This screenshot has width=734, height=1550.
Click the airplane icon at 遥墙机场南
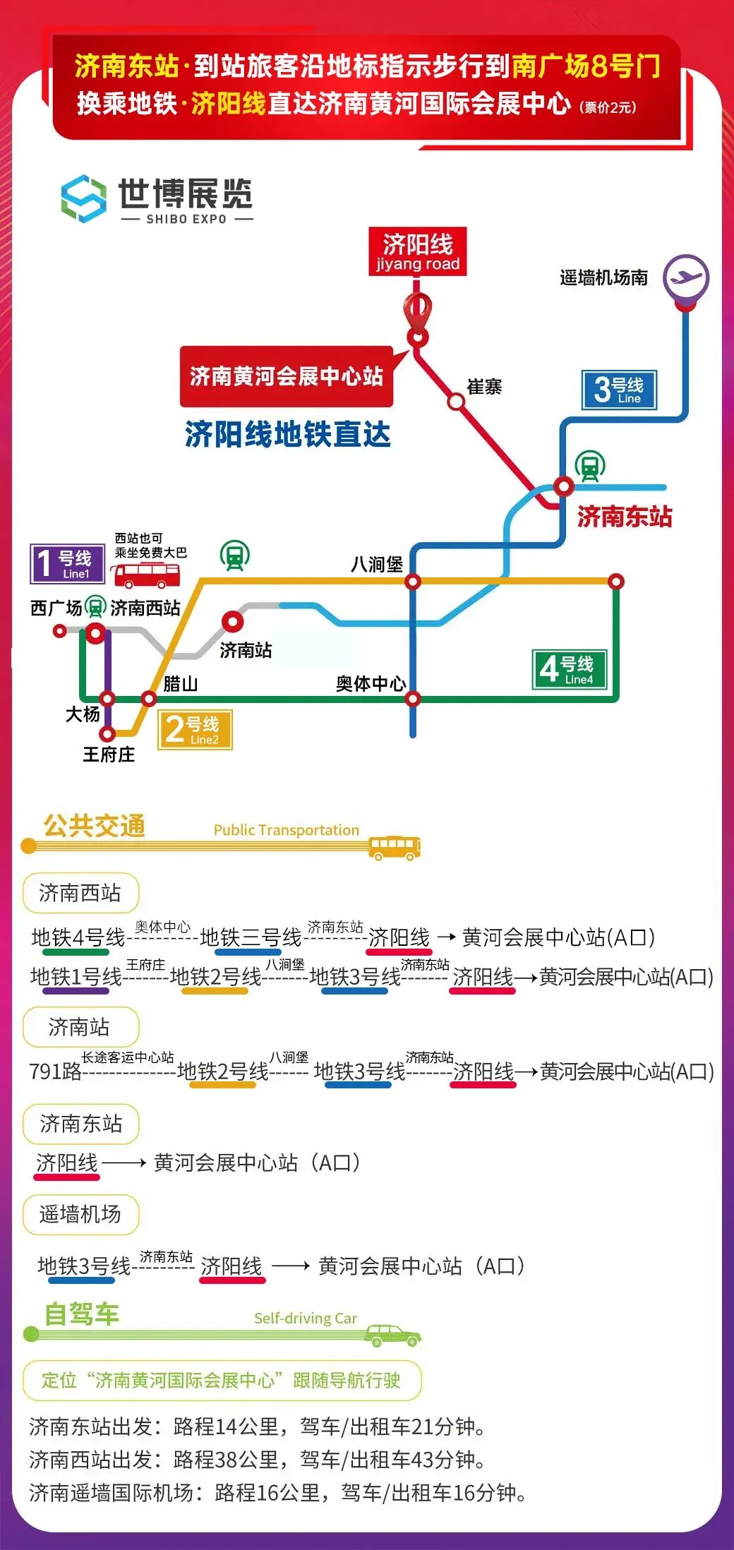pyautogui.click(x=685, y=278)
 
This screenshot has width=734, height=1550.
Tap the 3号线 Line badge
pyautogui.click(x=619, y=390)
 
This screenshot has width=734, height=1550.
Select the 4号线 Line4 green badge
pyautogui.click(x=569, y=668)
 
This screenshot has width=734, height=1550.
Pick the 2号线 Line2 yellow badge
pyautogui.click(x=195, y=729)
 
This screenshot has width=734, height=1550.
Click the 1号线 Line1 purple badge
pyautogui.click(x=67, y=564)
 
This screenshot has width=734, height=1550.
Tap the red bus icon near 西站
pyautogui.click(x=147, y=575)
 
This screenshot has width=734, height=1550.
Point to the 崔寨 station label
pyautogui.click(x=484, y=387)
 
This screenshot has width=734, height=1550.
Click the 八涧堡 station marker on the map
pyautogui.click(x=413, y=582)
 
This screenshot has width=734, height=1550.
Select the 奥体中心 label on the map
pyautogui.click(x=371, y=683)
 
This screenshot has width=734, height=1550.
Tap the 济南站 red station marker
pyautogui.click(x=232, y=622)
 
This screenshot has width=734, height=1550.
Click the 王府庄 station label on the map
pyautogui.click(x=108, y=755)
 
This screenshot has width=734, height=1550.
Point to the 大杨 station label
pyautogui.click(x=83, y=714)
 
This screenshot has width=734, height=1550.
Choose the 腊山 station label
pyautogui.click(x=180, y=683)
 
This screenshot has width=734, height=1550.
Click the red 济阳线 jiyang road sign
pyautogui.click(x=417, y=251)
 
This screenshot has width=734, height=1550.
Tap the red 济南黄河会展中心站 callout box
pyautogui.click(x=286, y=376)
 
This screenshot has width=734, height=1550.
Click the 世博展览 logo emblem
pyautogui.click(x=84, y=199)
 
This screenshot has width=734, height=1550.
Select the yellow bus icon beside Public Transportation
pyautogui.click(x=395, y=846)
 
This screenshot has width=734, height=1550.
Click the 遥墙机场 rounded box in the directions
pyautogui.click(x=80, y=1215)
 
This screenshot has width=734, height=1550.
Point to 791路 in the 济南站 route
pyautogui.click(x=55, y=1071)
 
